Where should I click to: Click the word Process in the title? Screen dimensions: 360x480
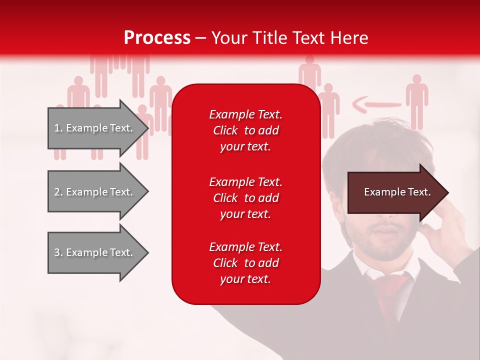pyautogui.click(x=157, y=38)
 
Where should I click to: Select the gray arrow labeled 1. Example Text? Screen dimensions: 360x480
pyautogui.click(x=95, y=128)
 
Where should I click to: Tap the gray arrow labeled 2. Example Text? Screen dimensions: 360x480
pyautogui.click(x=95, y=192)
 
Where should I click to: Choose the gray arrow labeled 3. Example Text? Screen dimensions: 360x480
pyautogui.click(x=95, y=252)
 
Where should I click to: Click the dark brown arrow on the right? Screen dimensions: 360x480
pyautogui.click(x=395, y=192)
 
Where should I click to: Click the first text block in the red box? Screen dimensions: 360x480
pyautogui.click(x=245, y=130)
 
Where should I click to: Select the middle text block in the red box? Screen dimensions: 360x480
pyautogui.click(x=245, y=198)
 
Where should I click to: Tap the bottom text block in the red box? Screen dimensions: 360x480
pyautogui.click(x=245, y=263)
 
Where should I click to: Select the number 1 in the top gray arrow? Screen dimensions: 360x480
pyautogui.click(x=57, y=128)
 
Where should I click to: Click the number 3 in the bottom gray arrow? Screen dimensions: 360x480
pyautogui.click(x=57, y=252)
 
